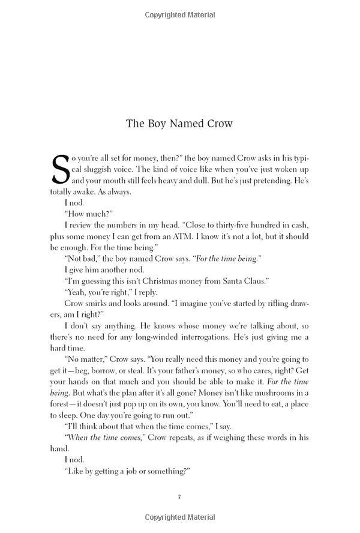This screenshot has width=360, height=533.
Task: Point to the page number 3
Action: (179, 496)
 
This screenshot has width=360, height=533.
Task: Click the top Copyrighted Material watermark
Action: (180, 15)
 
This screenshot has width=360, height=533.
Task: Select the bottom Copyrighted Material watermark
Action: (180, 517)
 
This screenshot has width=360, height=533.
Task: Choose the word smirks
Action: (101, 303)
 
